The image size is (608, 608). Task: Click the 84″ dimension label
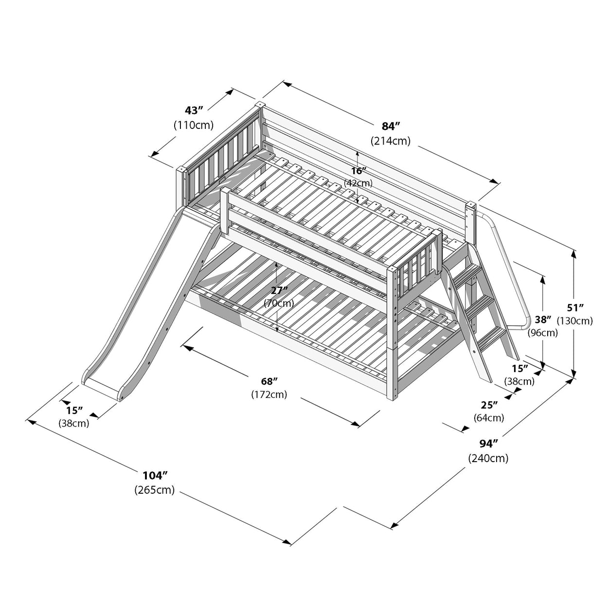(x=391, y=126)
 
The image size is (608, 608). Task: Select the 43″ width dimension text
(x=193, y=110)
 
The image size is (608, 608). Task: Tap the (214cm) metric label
(x=391, y=141)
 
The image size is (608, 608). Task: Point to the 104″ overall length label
(x=155, y=475)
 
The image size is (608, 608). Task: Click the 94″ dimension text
(x=488, y=444)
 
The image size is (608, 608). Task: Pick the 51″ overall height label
(x=575, y=307)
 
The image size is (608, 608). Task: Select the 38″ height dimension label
(x=543, y=320)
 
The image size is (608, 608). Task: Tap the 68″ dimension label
(x=268, y=380)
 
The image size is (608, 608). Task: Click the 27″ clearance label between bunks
(x=279, y=290)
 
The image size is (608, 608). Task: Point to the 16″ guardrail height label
(x=358, y=171)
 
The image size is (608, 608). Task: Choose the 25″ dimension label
(x=489, y=404)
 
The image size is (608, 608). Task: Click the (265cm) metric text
(x=155, y=490)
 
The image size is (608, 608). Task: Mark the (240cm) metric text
(x=488, y=458)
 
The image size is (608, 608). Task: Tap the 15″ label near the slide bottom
(x=74, y=410)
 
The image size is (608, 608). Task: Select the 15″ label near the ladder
(x=519, y=368)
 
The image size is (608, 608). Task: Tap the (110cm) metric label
(x=194, y=125)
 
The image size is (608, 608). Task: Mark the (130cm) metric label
(x=575, y=321)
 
